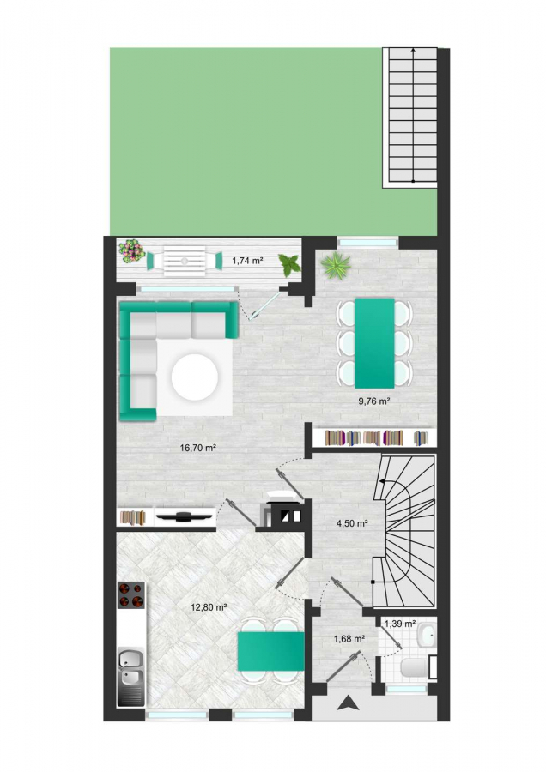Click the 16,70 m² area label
(x=198, y=448)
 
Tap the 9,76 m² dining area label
(x=374, y=401)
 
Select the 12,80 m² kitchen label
(x=209, y=607)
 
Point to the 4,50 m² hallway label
(x=352, y=523)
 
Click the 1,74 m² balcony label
(x=247, y=261)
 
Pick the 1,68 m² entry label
(x=349, y=639)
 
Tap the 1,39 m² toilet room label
(x=400, y=624)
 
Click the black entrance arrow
(x=349, y=703)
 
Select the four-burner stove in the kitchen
(x=131, y=594)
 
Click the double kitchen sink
(x=131, y=677)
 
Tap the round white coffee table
(x=195, y=377)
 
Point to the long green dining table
(x=374, y=342)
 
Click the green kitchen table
(x=270, y=651)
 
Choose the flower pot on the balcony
(x=131, y=251)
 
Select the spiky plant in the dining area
(x=336, y=266)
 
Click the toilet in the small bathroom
(x=416, y=668)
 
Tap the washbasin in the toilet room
(x=427, y=636)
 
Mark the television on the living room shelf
(x=185, y=516)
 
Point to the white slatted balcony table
(x=184, y=261)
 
